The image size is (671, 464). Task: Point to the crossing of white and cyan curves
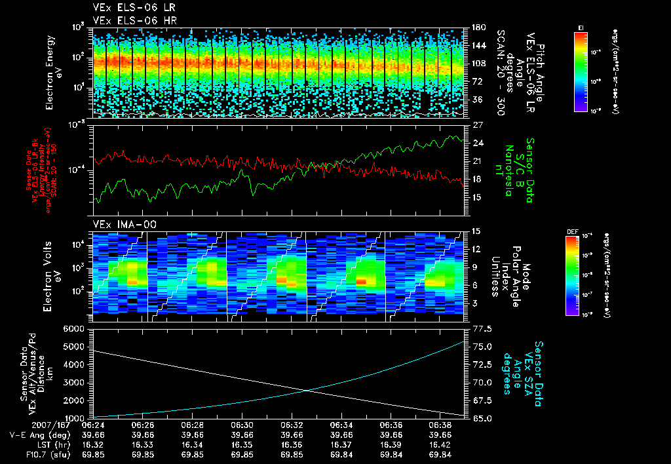[x=309, y=391]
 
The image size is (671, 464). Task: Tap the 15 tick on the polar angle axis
[x=473, y=231]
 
